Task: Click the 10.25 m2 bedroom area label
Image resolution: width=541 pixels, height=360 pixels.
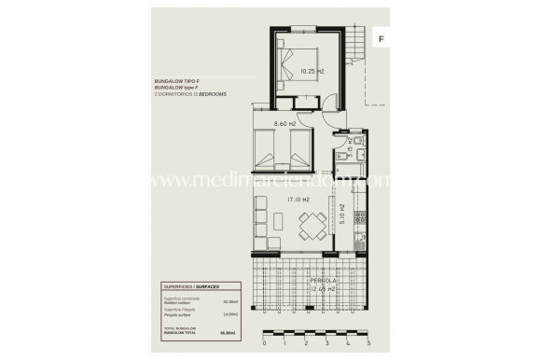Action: [311, 70]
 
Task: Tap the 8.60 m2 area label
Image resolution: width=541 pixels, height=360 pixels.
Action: [284, 122]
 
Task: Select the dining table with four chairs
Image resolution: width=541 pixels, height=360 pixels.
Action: [312, 224]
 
